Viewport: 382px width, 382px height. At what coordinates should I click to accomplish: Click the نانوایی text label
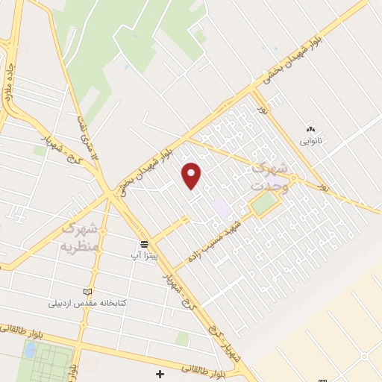(x=312, y=140)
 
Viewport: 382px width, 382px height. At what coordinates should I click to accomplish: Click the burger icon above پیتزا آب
(x=144, y=244)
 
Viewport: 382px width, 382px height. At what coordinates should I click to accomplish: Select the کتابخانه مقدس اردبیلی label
(x=87, y=303)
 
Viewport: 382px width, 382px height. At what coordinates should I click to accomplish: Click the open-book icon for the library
(x=88, y=291)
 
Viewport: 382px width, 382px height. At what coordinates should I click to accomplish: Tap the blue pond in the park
(x=30, y=349)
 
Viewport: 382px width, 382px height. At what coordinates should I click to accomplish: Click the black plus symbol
(x=159, y=373)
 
